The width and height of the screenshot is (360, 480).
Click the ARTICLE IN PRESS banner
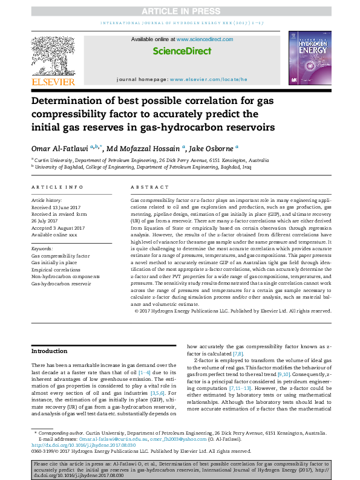180,11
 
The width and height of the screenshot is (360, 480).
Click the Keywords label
42,248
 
